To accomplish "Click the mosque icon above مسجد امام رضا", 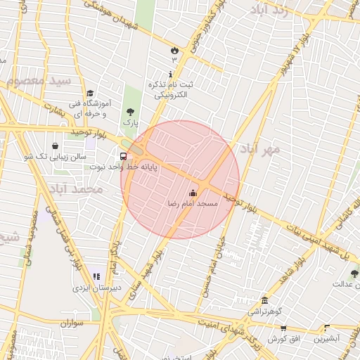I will click(193, 193).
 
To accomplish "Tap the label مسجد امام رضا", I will click(192, 203).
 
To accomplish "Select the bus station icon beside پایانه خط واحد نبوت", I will click(124, 156).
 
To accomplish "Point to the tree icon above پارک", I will click(129, 112).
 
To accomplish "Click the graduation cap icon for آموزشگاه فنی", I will click(90, 94).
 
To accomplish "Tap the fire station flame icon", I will click(174, 49).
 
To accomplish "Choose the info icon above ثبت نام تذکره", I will click(171, 74).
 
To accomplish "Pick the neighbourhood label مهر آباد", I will click(260, 148).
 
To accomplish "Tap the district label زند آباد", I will click(269, 11).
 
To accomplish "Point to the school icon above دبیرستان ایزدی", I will click(96, 277).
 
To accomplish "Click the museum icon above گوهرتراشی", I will click(264, 300).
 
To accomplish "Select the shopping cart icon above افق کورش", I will click(283, 328).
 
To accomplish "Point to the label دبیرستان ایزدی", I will click(97, 288).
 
